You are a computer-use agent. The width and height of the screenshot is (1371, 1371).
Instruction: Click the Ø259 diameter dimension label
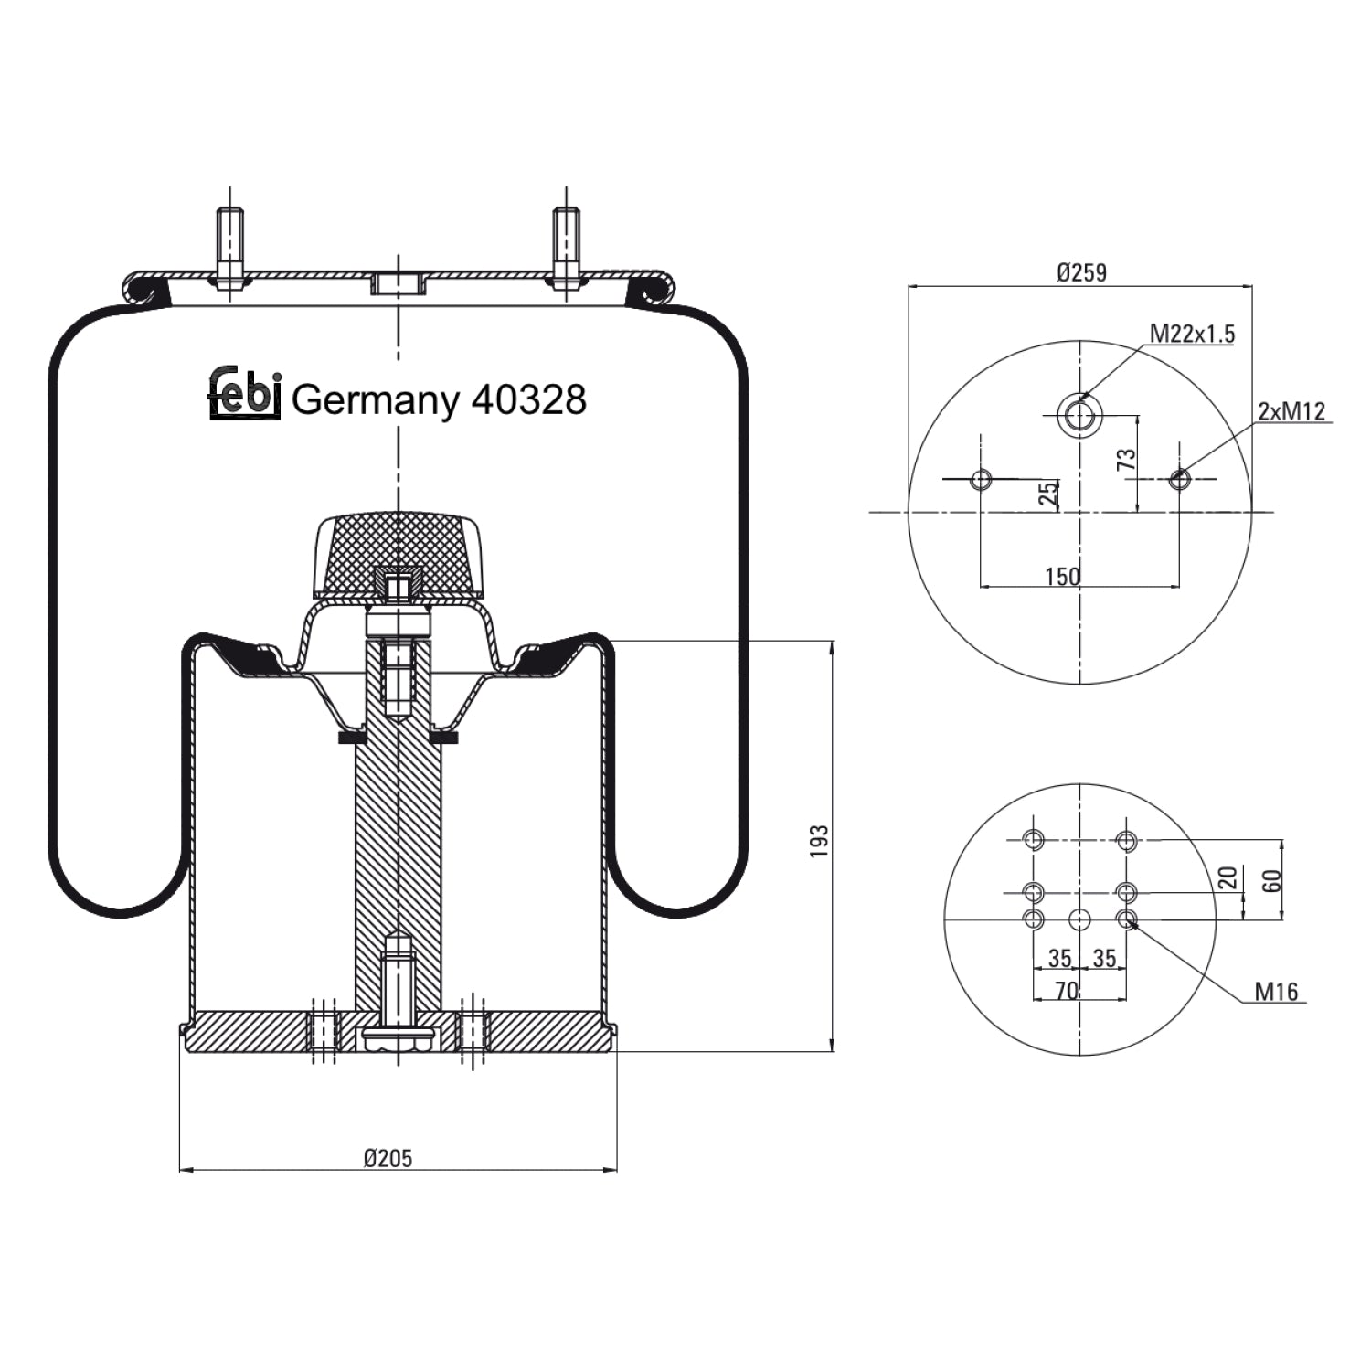[x=1081, y=272]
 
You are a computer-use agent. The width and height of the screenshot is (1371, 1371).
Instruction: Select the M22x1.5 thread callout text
[x=1192, y=335]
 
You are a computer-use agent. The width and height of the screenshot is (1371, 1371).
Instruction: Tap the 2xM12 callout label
[x=1291, y=411]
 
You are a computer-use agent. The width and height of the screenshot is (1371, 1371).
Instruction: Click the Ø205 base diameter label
[x=388, y=1159]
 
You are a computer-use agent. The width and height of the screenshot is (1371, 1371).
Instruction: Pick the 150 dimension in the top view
[x=1062, y=577]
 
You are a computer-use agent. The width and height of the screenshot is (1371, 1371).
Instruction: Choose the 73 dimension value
[x=1128, y=459]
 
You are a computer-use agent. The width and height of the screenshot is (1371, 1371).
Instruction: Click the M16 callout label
[x=1276, y=992]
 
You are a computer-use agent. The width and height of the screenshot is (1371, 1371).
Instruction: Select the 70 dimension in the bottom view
[x=1067, y=991]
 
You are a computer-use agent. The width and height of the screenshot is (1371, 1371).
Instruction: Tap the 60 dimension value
[x=1271, y=881]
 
